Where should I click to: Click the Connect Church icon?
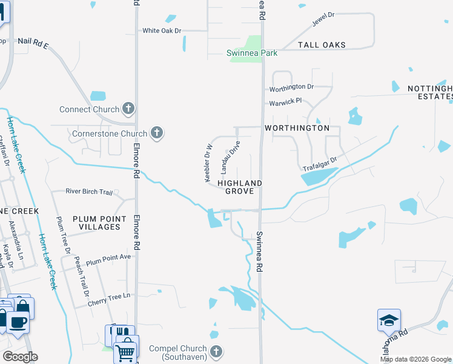point(128,109)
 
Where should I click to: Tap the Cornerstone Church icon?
point(157,133)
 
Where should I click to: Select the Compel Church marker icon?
point(216,351)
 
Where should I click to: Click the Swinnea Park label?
point(252,53)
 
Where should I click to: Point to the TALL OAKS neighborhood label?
point(322,45)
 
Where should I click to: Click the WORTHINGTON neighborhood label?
point(297,128)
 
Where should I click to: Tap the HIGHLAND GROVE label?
point(240,187)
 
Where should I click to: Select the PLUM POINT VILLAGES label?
point(96,222)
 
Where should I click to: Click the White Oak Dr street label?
point(162,30)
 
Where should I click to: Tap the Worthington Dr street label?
point(291,87)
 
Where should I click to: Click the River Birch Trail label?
point(89,192)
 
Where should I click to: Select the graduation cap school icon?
point(389,321)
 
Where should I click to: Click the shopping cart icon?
point(126,350)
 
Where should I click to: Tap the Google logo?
point(20,357)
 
